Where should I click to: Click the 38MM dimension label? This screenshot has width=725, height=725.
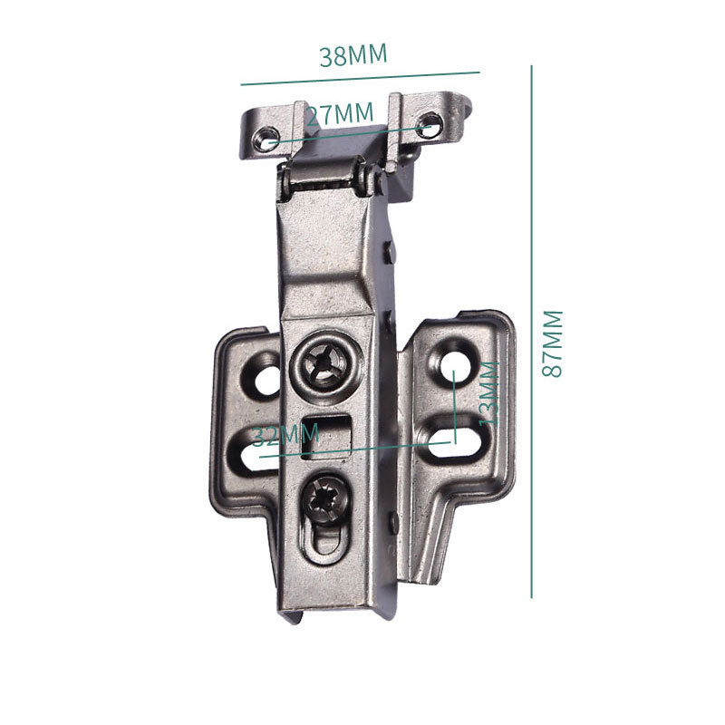pos(353,55)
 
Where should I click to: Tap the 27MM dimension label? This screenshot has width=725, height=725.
pos(340,114)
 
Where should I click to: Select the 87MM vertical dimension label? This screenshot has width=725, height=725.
pos(552,343)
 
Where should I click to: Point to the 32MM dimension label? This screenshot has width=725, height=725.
pos(285,435)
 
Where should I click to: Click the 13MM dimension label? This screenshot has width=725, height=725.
pos(489,393)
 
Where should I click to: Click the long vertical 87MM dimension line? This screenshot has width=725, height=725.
pos(532,332)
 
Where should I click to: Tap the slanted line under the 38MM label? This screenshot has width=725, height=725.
pos(360,79)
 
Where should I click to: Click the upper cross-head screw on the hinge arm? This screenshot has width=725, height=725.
pos(326,365)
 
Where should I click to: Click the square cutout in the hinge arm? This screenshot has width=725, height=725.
pos(326,436)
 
